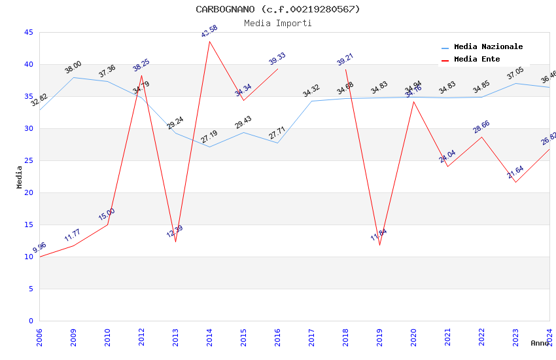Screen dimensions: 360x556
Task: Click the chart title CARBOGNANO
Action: point(277,9)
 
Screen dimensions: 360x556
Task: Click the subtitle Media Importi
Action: point(277,23)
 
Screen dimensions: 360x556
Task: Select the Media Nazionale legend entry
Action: point(488,46)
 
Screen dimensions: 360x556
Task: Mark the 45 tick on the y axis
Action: point(28,32)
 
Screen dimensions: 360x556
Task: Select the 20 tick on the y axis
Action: point(28,192)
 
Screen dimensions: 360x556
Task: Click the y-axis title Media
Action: point(20,177)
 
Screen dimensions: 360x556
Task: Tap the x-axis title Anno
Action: point(540,343)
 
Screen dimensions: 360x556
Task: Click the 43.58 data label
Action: point(209,31)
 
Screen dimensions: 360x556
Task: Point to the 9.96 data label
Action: point(39,247)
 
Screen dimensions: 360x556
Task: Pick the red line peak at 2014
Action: point(209,41)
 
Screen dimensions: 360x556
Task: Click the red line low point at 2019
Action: point(379,245)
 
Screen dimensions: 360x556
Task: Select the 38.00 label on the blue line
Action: point(73,67)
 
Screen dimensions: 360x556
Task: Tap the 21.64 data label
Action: point(515,172)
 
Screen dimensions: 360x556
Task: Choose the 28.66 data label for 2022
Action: point(481,127)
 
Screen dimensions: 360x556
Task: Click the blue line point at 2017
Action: point(311,101)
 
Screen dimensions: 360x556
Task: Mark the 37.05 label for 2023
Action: point(515,73)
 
